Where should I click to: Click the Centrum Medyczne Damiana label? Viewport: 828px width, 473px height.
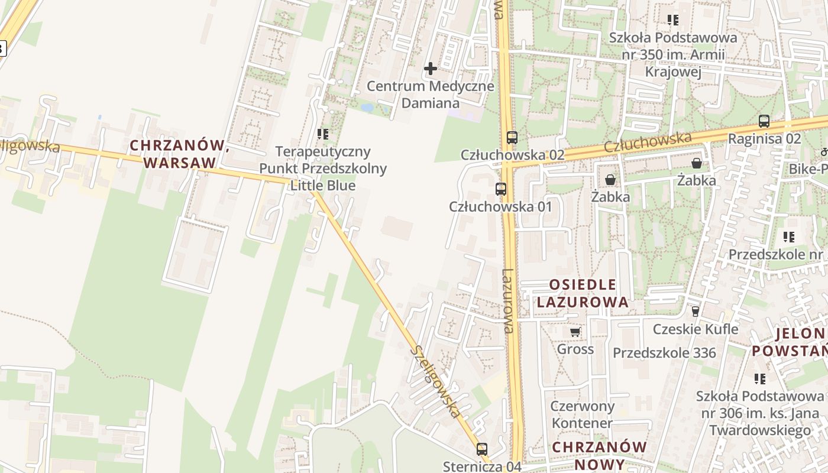[430, 95]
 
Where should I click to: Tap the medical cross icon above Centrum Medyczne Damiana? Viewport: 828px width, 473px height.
[431, 69]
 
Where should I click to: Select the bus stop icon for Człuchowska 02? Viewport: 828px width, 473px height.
[512, 138]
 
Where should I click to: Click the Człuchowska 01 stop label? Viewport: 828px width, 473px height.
[500, 207]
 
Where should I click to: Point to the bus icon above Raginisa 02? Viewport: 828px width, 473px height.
[764, 122]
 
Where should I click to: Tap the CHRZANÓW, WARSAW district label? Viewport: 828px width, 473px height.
[179, 154]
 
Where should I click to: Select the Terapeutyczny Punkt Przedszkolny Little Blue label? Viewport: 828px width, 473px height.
[323, 169]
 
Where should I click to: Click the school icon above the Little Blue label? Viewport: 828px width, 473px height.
[323, 134]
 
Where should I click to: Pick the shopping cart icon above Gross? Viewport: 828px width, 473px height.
[575, 332]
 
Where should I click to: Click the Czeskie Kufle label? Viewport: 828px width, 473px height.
[696, 329]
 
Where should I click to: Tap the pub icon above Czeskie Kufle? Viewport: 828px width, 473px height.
[696, 311]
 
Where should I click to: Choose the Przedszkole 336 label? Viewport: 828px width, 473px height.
[664, 353]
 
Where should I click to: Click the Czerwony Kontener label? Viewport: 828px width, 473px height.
[583, 415]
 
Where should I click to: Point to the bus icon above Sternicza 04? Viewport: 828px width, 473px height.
[482, 449]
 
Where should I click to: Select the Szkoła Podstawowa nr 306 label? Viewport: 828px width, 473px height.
[760, 413]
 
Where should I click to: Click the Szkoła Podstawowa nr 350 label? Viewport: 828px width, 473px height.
[673, 55]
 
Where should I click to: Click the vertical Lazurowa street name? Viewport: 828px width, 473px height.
[508, 302]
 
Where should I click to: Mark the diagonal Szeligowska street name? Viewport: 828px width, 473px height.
[435, 382]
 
